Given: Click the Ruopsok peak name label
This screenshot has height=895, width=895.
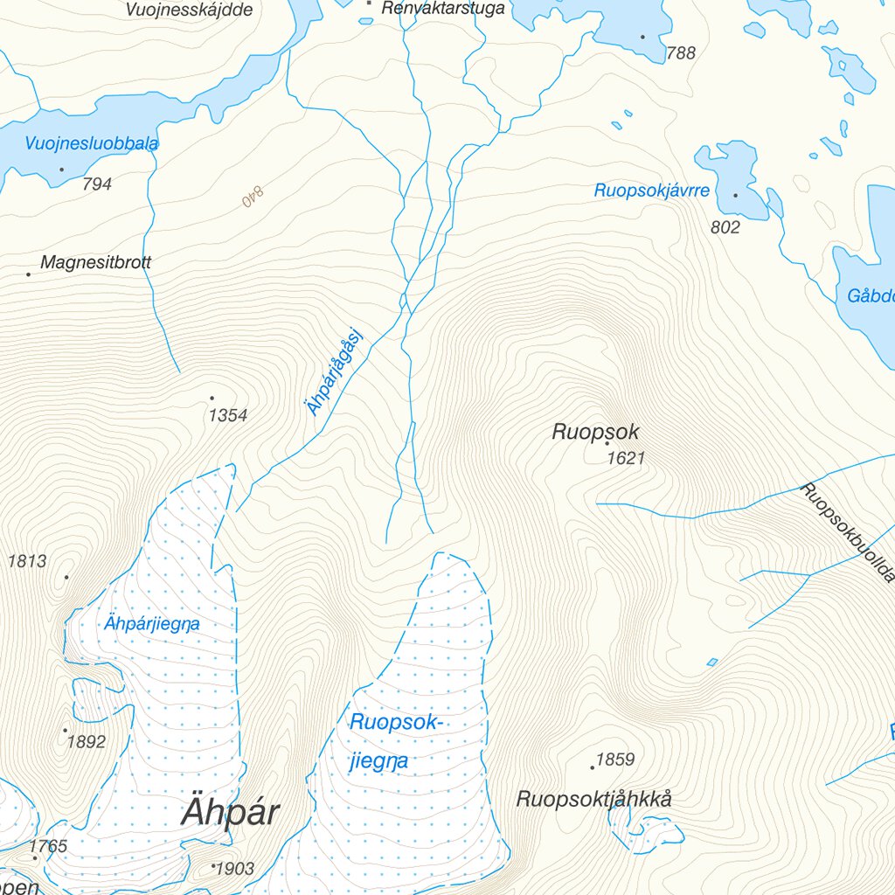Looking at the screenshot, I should point(595,432).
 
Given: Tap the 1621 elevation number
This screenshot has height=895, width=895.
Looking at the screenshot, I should point(626,458).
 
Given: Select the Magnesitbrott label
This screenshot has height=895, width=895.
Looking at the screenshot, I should point(95,262).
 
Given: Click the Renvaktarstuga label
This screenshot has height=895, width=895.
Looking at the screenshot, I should point(443,10).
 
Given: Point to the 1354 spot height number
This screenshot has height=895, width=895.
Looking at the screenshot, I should point(227,416).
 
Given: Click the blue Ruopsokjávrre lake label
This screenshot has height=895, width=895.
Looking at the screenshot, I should point(651,191).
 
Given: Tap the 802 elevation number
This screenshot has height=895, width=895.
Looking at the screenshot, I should point(725,227).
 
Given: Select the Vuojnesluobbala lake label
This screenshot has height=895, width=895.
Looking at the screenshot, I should point(91,144).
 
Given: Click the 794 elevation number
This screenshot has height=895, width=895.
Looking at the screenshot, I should point(96,184).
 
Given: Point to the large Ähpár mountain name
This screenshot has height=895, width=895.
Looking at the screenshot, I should point(230,813).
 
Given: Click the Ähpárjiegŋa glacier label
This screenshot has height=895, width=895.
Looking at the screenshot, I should point(151,624).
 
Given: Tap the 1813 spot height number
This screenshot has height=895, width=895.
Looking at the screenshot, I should point(27,562).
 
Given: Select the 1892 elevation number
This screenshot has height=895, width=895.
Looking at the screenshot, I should point(86,742).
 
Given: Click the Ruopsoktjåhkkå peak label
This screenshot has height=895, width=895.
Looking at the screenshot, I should point(594,799).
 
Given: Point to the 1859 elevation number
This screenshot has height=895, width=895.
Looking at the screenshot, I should point(614,760).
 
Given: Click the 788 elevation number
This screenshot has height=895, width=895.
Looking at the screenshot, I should point(681,53).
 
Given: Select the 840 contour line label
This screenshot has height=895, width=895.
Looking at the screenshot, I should point(253,199).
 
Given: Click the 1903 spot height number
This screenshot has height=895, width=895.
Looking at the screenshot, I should point(234,869).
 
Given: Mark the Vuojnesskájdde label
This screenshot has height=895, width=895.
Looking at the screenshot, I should point(189,10).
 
